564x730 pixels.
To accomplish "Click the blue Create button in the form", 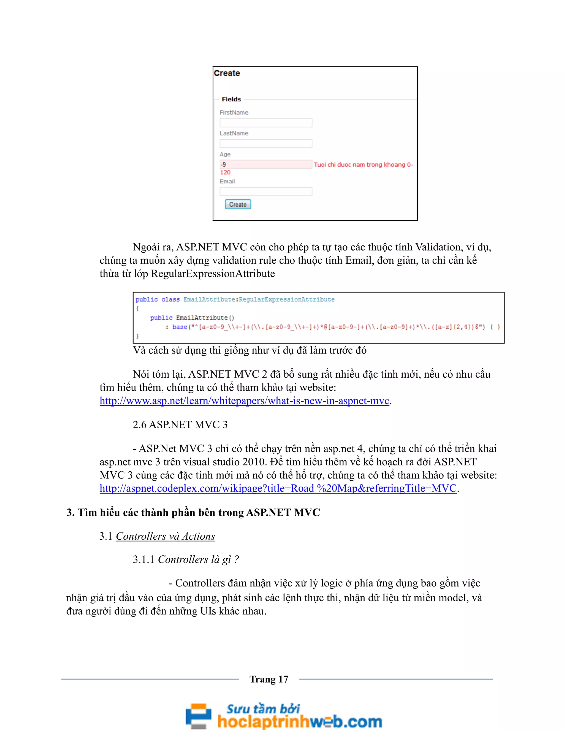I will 238,204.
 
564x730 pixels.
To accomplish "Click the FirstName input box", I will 266,123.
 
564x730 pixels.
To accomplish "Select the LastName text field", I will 266,144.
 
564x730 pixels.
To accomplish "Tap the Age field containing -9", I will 266,164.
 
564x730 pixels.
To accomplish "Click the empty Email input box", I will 266,191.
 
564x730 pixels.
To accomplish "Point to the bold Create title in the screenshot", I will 227,73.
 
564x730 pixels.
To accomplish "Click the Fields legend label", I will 231,99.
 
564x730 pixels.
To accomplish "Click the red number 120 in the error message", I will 225,172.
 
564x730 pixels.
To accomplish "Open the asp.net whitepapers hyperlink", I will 244,401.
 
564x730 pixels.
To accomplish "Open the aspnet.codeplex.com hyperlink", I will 278,488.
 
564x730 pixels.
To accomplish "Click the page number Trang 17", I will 269,679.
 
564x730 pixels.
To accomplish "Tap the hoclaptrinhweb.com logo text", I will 299,721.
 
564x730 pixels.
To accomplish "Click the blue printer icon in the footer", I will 199,715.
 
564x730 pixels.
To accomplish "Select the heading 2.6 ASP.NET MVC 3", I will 180,425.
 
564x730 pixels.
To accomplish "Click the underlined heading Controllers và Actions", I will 166,536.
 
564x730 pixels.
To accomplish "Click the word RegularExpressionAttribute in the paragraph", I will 213,274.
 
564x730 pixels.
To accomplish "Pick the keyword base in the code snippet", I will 180,327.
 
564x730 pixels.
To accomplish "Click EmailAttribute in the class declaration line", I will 209,299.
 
